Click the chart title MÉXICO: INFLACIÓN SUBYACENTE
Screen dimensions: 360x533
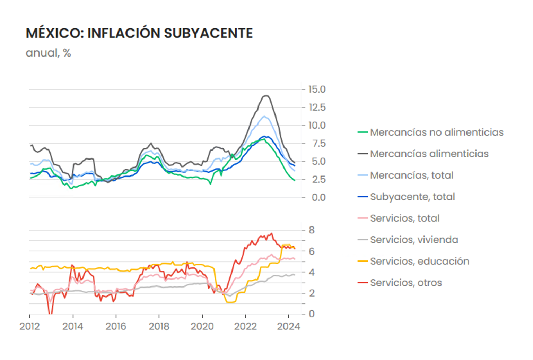point(139,33)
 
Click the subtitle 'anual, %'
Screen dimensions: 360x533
point(48,53)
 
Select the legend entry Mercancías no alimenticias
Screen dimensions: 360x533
point(436,132)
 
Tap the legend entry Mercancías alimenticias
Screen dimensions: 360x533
point(429,154)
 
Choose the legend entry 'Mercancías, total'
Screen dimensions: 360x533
point(411,175)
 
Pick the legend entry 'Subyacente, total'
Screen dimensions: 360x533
point(412,197)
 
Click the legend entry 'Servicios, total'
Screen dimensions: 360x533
point(404,218)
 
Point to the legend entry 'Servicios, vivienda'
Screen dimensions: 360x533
point(414,240)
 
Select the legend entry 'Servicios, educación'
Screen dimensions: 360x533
point(419,261)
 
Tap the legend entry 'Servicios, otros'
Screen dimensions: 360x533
point(406,283)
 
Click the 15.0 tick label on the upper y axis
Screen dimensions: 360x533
point(317,89)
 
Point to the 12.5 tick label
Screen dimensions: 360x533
point(317,108)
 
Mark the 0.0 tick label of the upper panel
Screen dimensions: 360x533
point(318,197)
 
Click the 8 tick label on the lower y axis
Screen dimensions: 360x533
point(312,230)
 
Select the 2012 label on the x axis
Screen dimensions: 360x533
point(29,326)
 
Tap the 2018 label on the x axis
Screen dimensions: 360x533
point(159,326)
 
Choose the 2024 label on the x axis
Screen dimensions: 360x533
point(288,326)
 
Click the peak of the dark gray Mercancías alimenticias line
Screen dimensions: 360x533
point(266,96)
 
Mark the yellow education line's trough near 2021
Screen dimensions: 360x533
point(230,302)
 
